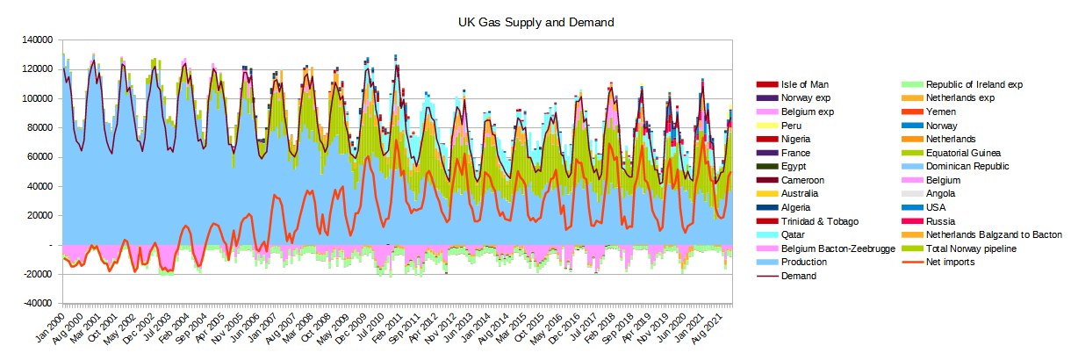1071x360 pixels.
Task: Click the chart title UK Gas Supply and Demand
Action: [x=535, y=21]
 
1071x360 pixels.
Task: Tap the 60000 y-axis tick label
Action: [x=38, y=157]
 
